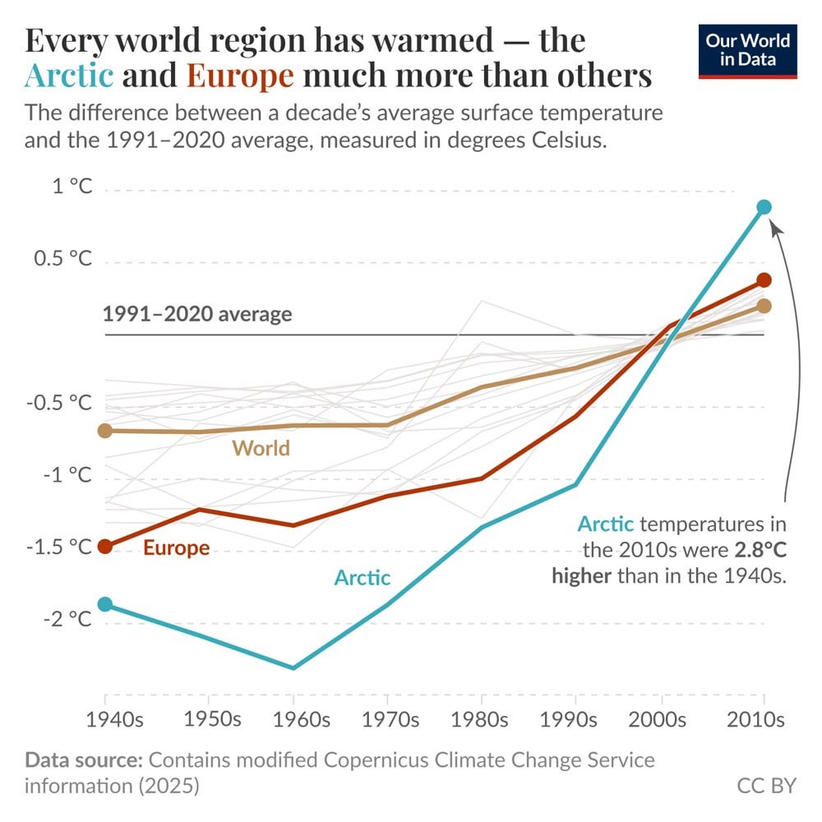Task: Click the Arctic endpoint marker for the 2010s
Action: [764, 207]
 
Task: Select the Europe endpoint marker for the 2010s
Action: [764, 280]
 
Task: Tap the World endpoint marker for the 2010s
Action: [764, 306]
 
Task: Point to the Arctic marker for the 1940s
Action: [104, 604]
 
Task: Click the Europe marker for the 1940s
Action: [104, 546]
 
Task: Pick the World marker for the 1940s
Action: [104, 430]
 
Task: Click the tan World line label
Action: [261, 448]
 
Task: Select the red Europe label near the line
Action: [176, 547]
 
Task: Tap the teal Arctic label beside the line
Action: [362, 578]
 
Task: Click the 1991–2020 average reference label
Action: [197, 314]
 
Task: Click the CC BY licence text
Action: [766, 785]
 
